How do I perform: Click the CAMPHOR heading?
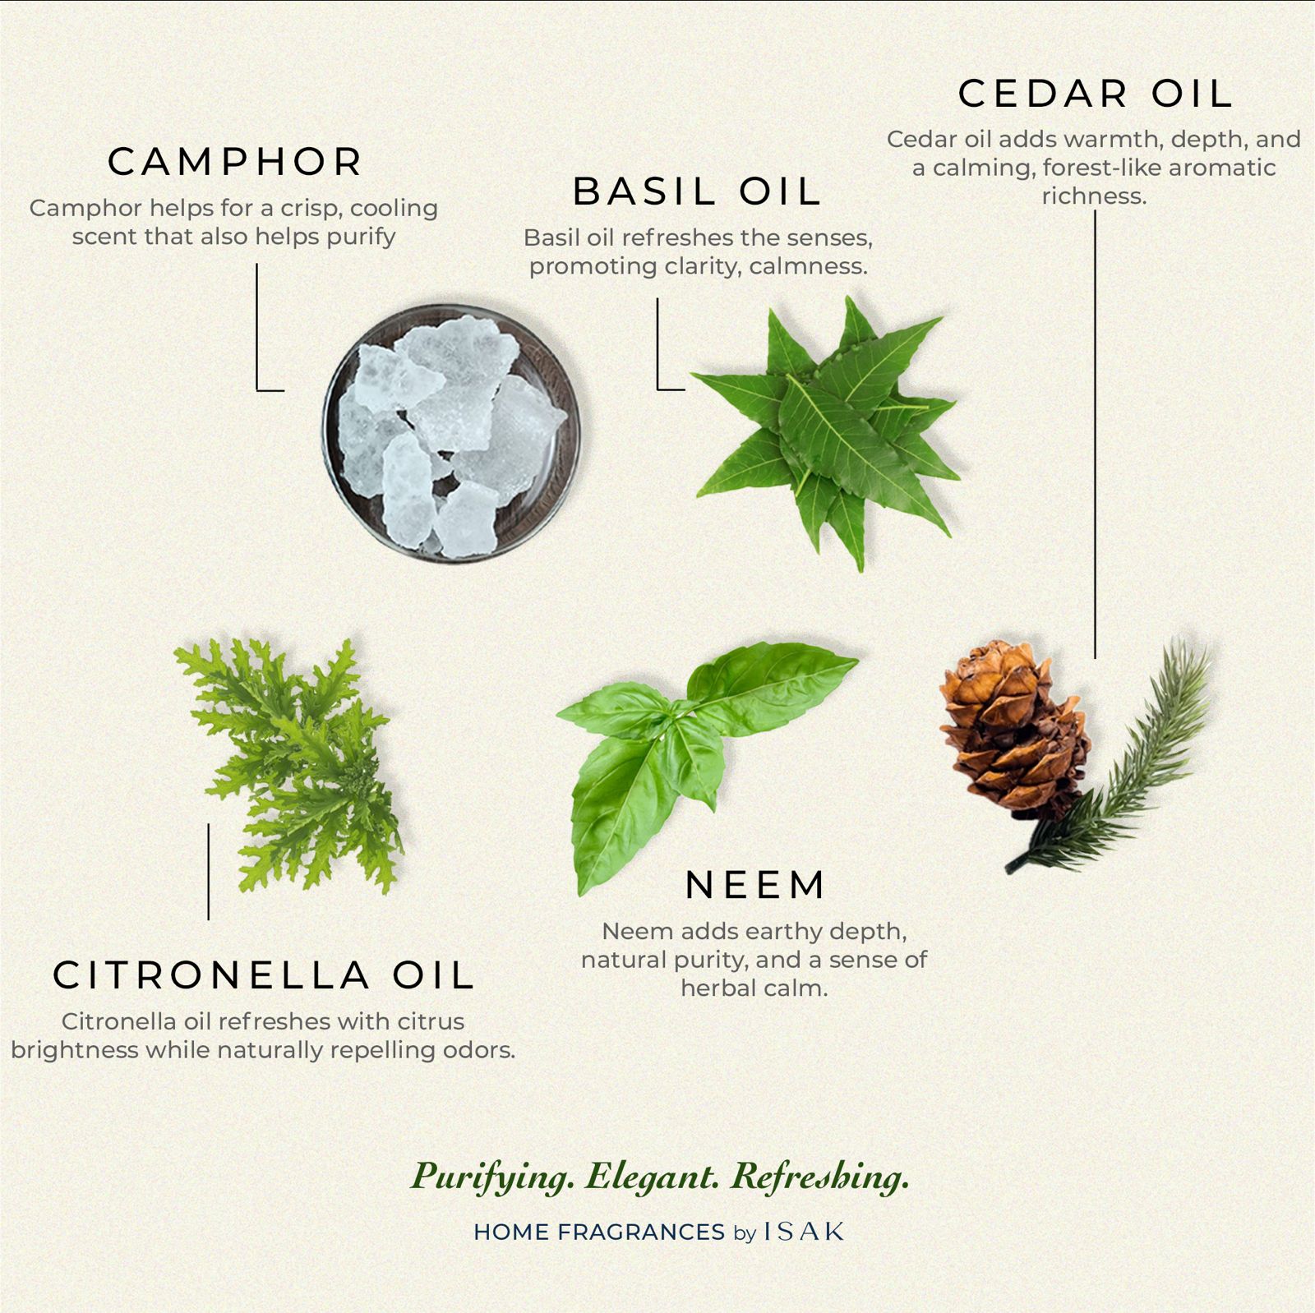coord(235,162)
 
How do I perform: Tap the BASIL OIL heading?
coord(697,191)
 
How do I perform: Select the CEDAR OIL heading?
coord(1096,94)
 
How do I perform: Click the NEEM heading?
coord(755,885)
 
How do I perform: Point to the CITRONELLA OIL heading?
coord(264,975)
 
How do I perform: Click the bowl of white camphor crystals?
coord(451,433)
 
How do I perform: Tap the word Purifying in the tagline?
coord(492,1177)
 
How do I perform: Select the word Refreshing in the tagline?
coord(819,1177)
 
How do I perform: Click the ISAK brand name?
coord(804,1232)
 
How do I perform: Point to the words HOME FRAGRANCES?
coord(599,1232)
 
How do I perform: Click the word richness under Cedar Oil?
coord(1093,196)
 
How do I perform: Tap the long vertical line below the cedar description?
coord(1095,435)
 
